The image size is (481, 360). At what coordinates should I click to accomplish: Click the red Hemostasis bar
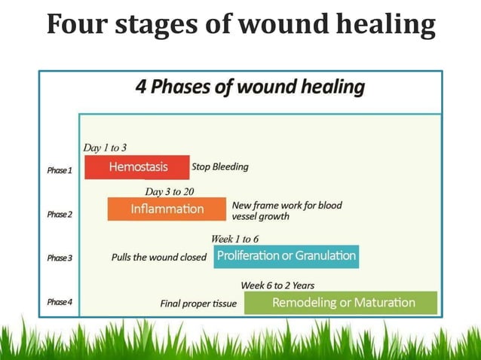click(x=136, y=166)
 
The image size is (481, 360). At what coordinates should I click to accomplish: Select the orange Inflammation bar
click(x=167, y=209)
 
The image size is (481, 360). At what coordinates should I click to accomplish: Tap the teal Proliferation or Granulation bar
click(x=286, y=256)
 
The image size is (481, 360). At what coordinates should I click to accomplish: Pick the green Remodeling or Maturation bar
click(x=341, y=303)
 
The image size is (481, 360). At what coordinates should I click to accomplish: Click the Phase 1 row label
click(x=60, y=170)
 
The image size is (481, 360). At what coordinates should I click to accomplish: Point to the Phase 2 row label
click(x=60, y=214)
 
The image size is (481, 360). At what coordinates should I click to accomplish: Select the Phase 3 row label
click(x=60, y=258)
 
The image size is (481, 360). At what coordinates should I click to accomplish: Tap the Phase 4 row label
click(x=60, y=302)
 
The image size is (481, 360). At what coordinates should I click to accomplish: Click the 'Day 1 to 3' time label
click(x=105, y=148)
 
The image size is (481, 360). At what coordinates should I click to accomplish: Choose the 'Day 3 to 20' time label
click(x=170, y=191)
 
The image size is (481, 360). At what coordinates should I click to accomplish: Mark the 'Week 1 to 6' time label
click(x=234, y=239)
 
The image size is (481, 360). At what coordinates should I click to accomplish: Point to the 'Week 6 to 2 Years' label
click(x=277, y=285)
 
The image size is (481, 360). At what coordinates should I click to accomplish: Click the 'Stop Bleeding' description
click(x=220, y=166)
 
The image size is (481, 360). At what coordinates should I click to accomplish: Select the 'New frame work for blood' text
click(x=286, y=205)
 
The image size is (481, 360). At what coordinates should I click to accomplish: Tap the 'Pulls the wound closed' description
click(x=158, y=257)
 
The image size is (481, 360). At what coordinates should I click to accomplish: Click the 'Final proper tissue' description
click(x=198, y=304)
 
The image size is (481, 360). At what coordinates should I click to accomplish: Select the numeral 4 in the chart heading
click(x=141, y=87)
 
